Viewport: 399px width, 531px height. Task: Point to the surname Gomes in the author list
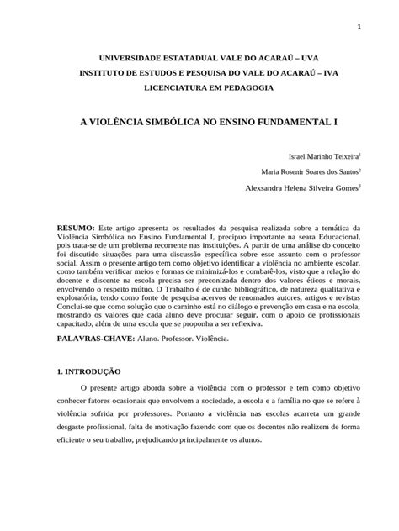[343, 189]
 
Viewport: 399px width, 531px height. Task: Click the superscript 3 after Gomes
[360, 187]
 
